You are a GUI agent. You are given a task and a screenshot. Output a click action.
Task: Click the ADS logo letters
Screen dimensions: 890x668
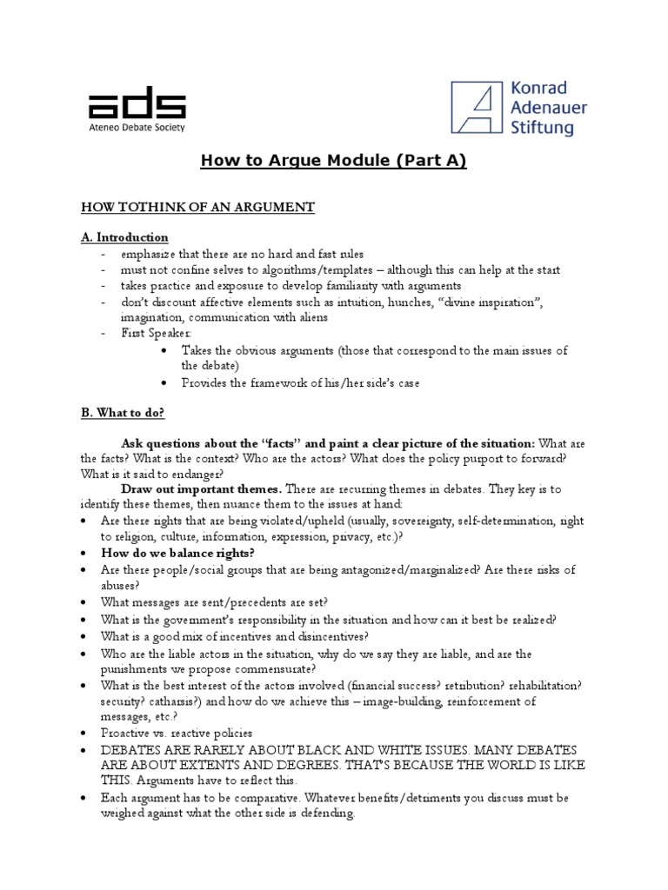(137, 104)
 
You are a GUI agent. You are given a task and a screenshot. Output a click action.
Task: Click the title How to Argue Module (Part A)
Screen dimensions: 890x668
(334, 162)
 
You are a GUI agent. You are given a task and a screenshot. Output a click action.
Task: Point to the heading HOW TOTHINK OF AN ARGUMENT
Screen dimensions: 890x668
(197, 207)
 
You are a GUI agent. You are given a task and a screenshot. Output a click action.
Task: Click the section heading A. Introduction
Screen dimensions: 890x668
(124, 237)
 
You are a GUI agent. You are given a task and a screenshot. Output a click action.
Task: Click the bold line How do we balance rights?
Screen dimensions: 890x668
(177, 553)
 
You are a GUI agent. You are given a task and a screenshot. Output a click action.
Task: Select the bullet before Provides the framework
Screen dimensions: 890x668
(165, 382)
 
